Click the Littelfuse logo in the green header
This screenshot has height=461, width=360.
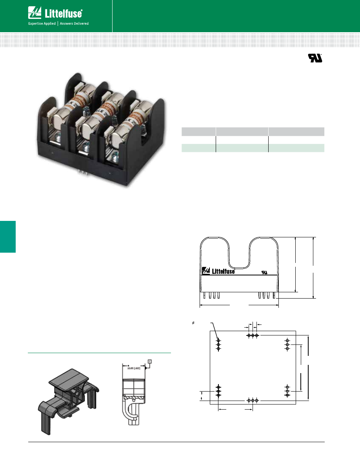click(55, 13)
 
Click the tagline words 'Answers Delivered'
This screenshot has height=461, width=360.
click(74, 24)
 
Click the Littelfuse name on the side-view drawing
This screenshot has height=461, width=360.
click(223, 271)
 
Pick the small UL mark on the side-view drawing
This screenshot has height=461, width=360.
click(265, 272)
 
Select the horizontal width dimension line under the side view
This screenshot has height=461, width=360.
click(239, 304)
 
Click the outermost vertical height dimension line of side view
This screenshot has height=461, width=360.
click(313, 268)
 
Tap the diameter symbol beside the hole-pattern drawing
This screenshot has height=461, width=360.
click(193, 323)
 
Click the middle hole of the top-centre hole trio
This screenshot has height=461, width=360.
click(253, 335)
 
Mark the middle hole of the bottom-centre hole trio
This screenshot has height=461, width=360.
click(253, 400)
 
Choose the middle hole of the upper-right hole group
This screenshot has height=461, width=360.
click(287, 344)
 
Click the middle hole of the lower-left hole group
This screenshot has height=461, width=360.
click(218, 391)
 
